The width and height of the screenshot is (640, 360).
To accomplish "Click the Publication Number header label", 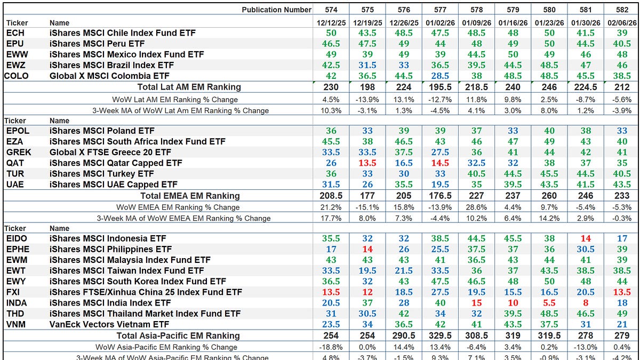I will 276,10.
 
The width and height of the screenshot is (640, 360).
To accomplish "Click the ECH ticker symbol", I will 15,33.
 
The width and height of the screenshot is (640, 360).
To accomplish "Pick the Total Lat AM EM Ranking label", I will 189,87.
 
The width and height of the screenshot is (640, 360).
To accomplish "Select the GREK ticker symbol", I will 19,153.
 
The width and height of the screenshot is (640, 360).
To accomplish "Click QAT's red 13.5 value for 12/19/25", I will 367,163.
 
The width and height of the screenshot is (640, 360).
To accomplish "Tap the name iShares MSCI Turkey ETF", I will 101,174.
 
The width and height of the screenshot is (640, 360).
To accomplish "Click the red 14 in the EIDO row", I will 585,239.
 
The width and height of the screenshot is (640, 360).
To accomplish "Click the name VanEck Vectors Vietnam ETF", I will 109,324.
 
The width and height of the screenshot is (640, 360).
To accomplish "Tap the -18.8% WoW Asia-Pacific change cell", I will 331,347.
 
